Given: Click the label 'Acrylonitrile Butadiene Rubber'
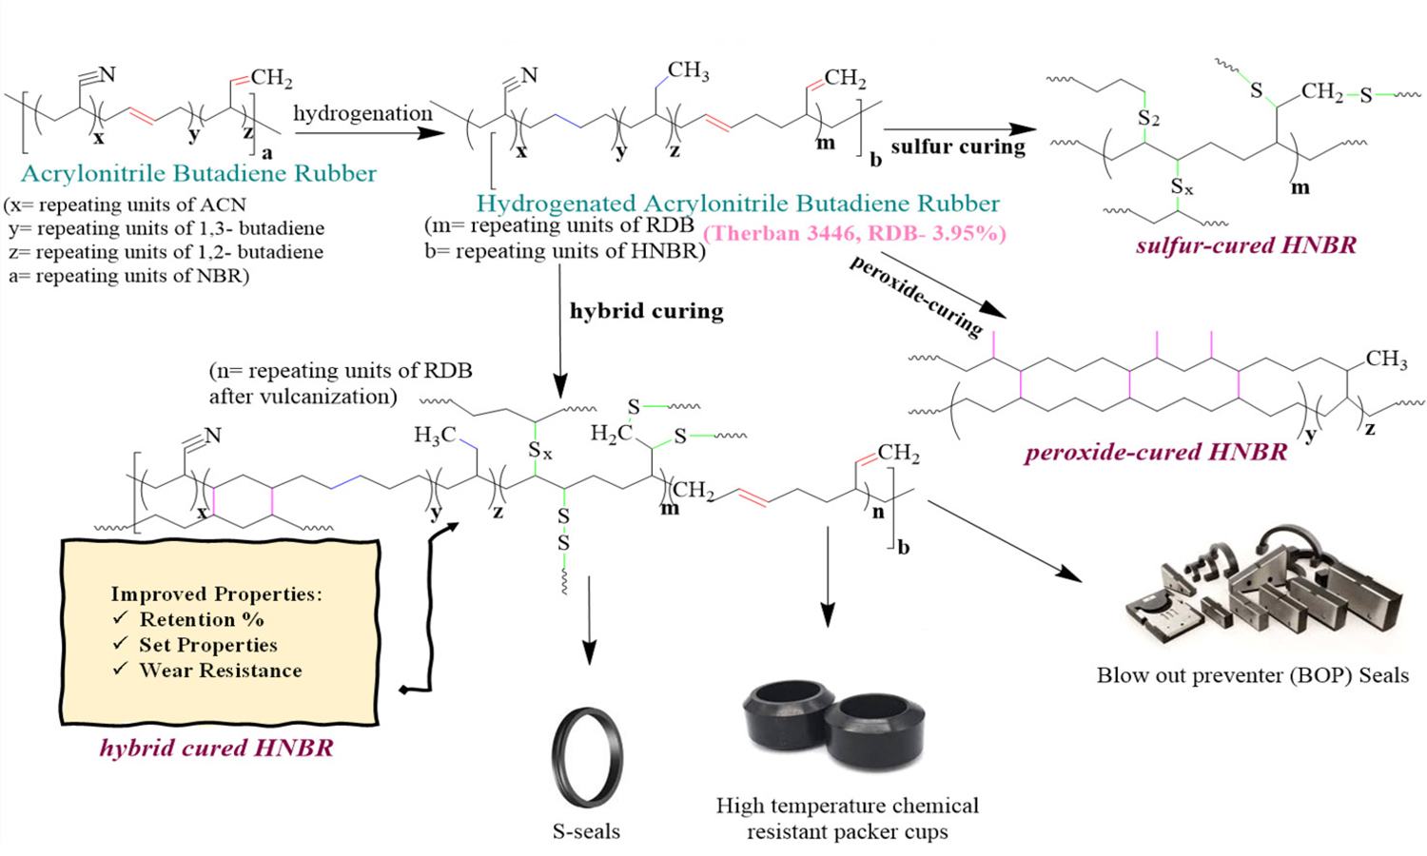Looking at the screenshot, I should [x=199, y=174].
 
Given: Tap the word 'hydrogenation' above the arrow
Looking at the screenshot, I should [x=362, y=114].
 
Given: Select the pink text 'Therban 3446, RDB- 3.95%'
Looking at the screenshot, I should [x=854, y=233].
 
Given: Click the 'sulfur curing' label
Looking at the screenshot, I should [x=958, y=146].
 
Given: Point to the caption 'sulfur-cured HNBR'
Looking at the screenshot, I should [x=1245, y=245].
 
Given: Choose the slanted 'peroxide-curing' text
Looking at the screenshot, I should [x=916, y=296].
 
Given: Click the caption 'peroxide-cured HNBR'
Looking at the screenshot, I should [x=1155, y=452].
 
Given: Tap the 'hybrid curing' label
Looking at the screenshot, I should [x=646, y=311].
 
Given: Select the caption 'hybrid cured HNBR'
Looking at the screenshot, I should [x=216, y=749].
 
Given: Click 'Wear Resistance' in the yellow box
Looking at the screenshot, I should [x=220, y=671].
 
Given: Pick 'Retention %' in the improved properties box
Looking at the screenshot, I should [x=201, y=619].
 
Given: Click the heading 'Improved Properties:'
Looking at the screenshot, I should [x=216, y=593].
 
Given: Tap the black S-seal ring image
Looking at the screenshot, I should [x=587, y=756].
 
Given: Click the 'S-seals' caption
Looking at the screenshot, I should [x=586, y=831].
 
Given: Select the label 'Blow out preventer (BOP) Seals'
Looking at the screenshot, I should [x=1252, y=675].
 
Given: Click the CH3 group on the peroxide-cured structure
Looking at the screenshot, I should [x=1386, y=360].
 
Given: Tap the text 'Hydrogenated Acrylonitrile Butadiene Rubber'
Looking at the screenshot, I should [x=737, y=204].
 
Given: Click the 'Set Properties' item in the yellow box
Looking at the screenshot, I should [x=207, y=645].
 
